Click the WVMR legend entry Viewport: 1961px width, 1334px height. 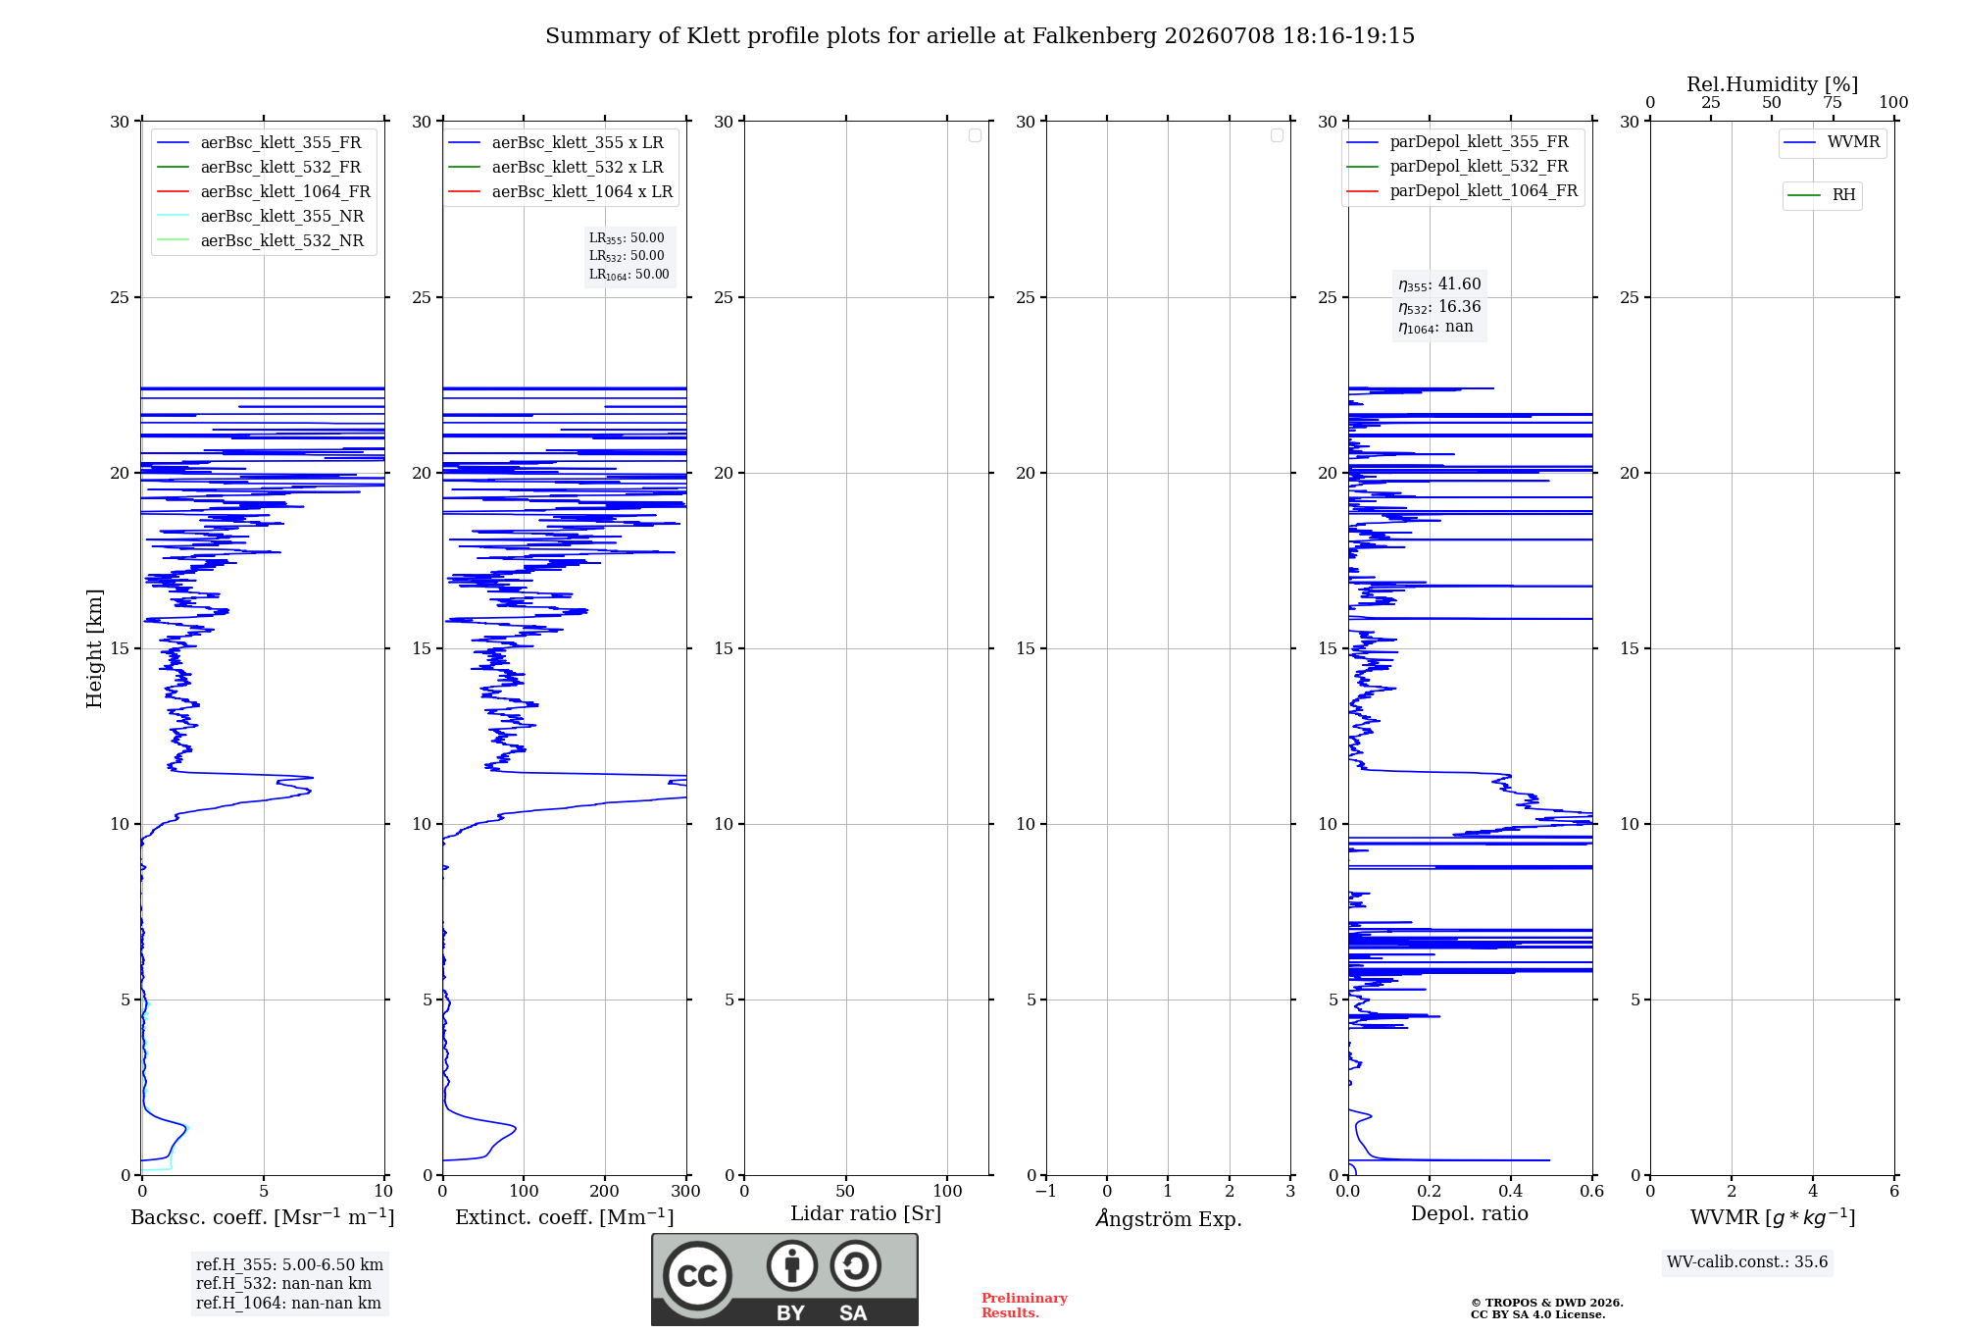point(1832,142)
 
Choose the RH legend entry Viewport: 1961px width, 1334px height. point(1821,195)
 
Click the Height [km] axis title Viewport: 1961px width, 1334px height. point(94,648)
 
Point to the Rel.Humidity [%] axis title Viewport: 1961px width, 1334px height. point(1772,84)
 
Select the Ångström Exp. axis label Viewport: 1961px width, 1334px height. point(1169,1218)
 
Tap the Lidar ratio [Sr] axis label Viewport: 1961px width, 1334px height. point(866,1213)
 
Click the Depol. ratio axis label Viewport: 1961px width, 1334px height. point(1470,1213)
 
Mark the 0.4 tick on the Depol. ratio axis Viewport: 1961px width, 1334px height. point(1511,1191)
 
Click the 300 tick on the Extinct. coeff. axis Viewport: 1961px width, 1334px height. point(686,1191)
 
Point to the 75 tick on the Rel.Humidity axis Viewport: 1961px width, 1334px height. point(1833,102)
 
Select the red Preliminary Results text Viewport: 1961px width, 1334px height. point(1025,1306)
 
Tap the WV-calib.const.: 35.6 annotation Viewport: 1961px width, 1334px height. point(1747,1261)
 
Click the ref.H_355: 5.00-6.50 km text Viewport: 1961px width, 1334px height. point(289,1264)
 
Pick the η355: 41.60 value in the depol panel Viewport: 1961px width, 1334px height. point(1439,284)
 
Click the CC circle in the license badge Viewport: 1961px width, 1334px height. point(697,1275)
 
